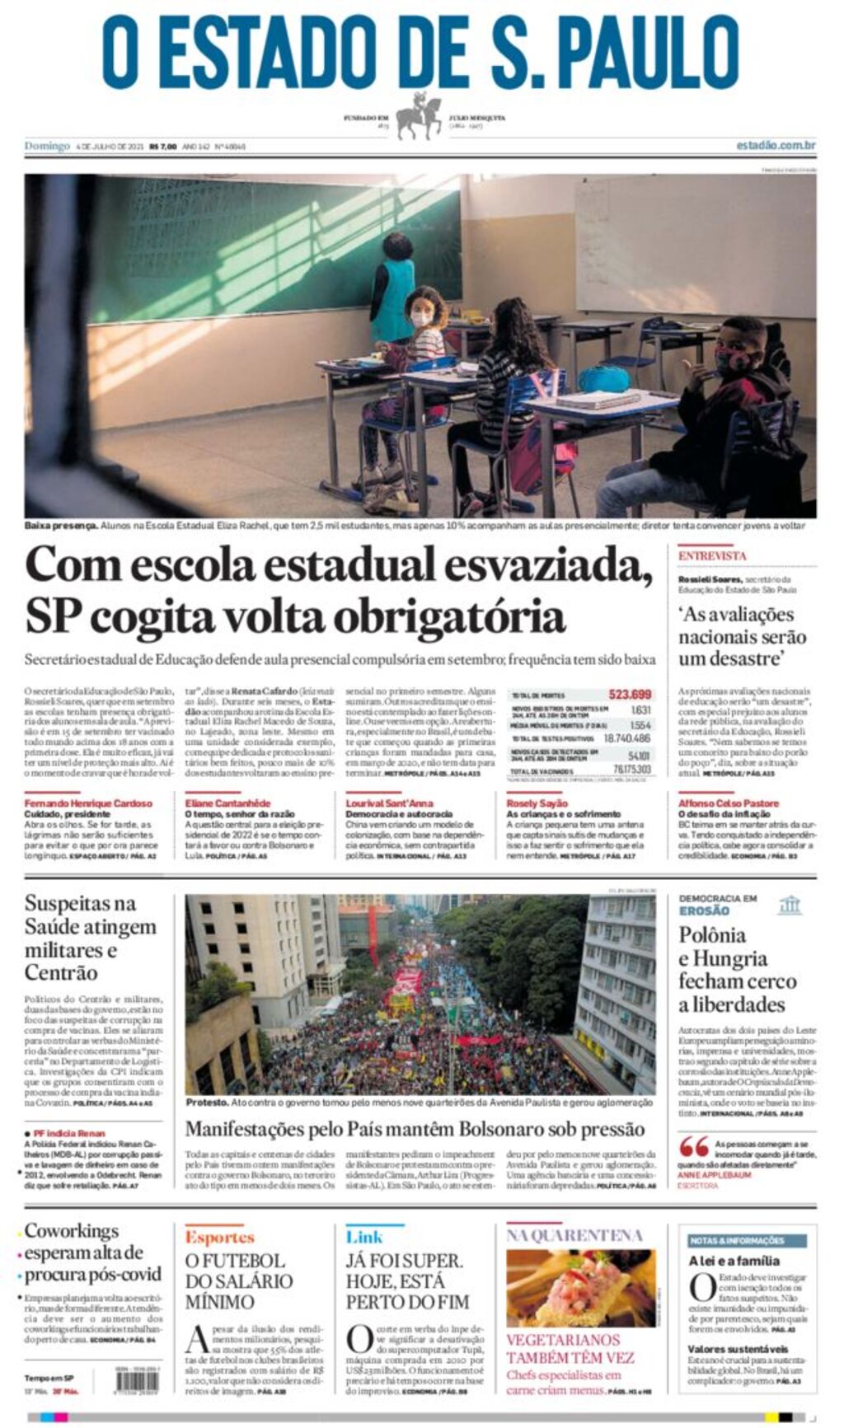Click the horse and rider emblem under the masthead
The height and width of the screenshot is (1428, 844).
click(x=420, y=117)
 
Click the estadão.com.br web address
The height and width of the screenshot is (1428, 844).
click(x=775, y=146)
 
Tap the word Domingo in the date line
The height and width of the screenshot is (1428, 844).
click(x=47, y=146)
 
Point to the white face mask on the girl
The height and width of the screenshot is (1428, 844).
click(x=421, y=319)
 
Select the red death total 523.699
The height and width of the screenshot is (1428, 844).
click(x=630, y=695)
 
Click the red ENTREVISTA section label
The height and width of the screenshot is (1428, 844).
click(x=712, y=556)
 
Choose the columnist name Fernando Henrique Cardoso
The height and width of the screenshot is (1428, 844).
click(x=88, y=803)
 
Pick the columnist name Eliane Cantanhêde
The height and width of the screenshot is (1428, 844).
click(x=227, y=803)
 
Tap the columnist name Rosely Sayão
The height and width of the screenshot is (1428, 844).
click(x=537, y=803)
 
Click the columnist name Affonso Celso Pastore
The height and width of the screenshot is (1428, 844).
click(x=727, y=803)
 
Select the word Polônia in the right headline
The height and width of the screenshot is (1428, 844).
click(x=712, y=936)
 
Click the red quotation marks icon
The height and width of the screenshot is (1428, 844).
click(x=693, y=1146)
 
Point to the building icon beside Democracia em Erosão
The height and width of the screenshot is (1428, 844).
click(x=789, y=906)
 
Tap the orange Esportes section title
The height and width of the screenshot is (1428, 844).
click(x=219, y=1237)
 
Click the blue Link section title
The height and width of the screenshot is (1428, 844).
click(x=364, y=1237)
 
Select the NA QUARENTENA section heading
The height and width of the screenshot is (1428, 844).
click(x=574, y=1235)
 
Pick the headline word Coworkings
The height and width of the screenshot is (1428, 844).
click(x=73, y=1231)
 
